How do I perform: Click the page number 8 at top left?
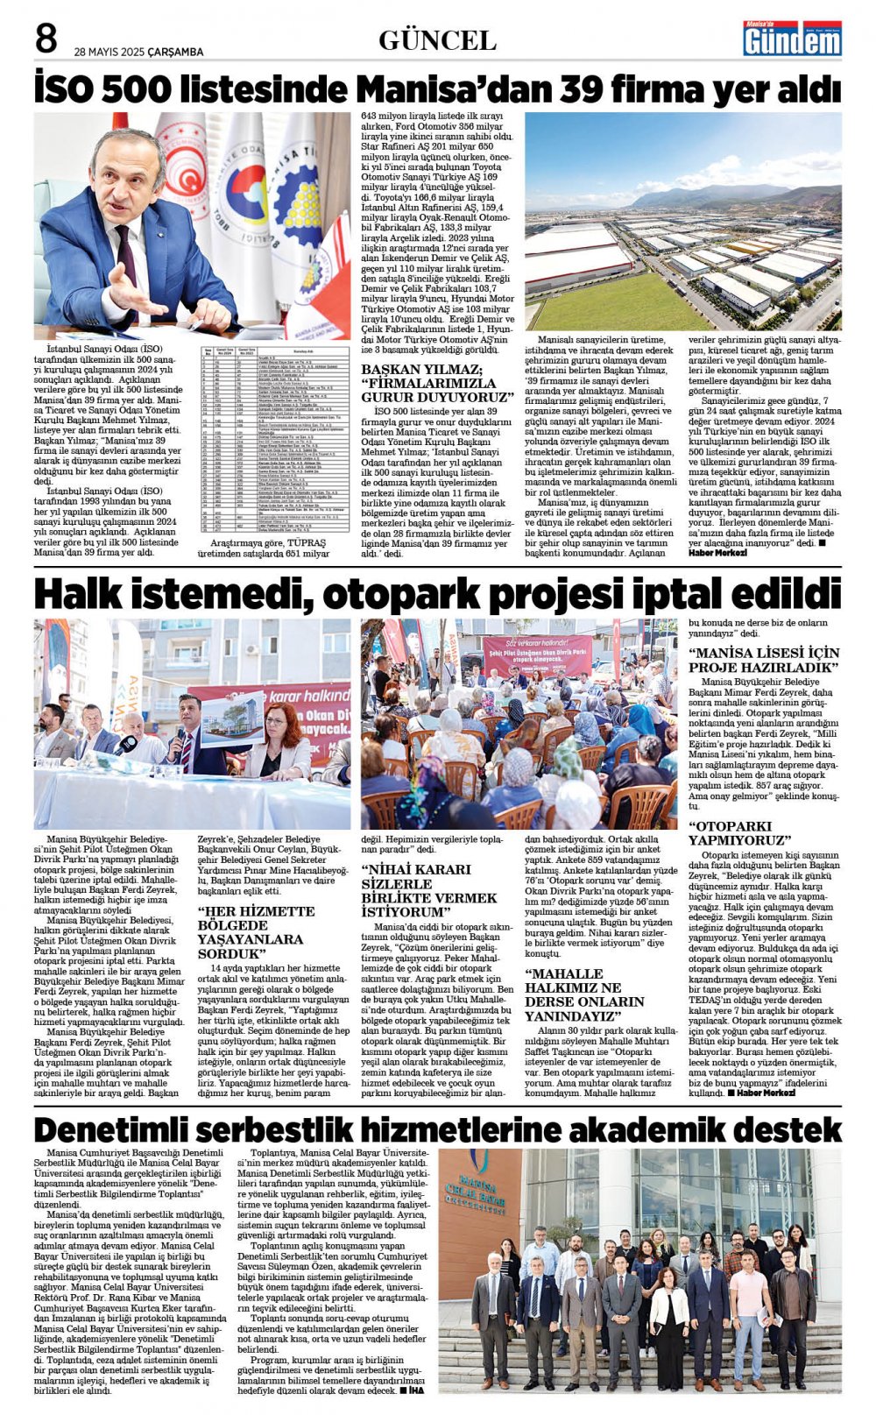click(46, 39)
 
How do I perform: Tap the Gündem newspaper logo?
click(792, 39)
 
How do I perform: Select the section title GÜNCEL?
click(437, 40)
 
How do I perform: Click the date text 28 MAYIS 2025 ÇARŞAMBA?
click(138, 52)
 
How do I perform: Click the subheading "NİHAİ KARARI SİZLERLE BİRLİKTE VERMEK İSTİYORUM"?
click(417, 892)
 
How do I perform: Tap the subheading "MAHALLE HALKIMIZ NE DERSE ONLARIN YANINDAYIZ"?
click(584, 994)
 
